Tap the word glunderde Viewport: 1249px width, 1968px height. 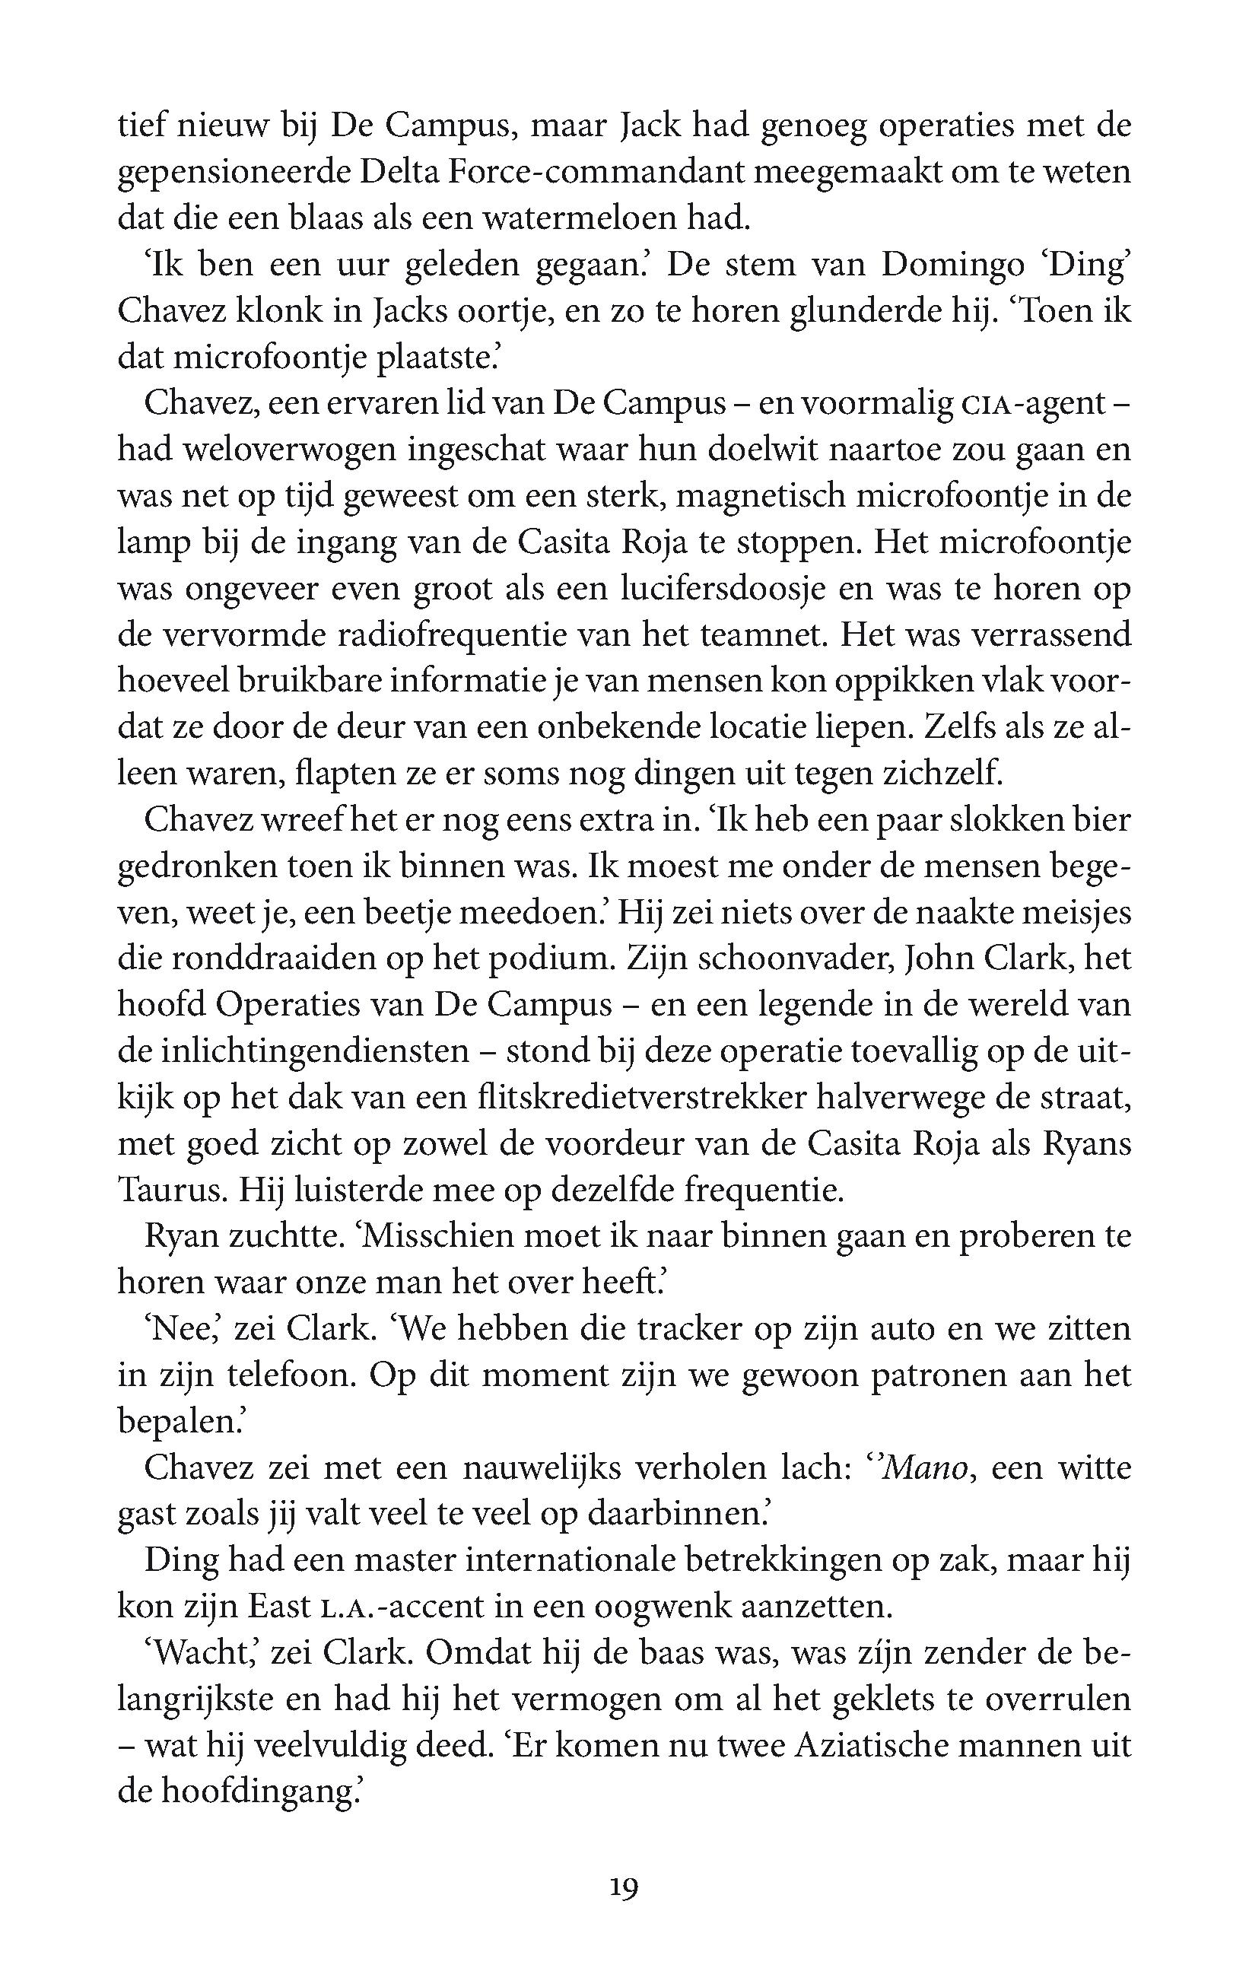tap(873, 311)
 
